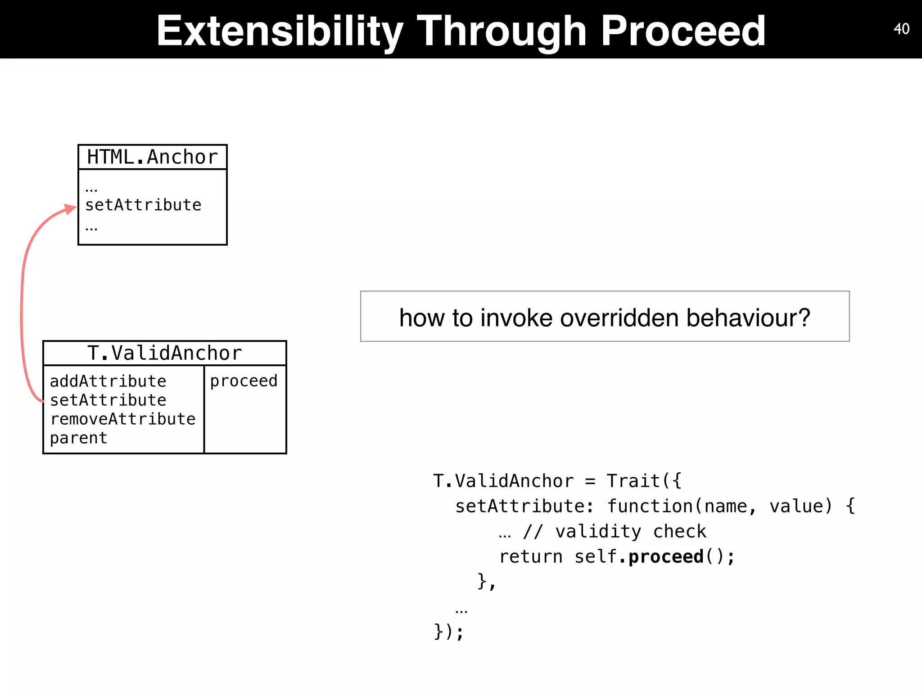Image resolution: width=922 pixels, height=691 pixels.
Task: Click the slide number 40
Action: pyautogui.click(x=901, y=29)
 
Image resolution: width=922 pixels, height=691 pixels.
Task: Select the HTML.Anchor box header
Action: pyautogui.click(x=152, y=157)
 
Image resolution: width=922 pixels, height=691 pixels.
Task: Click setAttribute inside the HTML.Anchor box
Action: pyautogui.click(x=143, y=205)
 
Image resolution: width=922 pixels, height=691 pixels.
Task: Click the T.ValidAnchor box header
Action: pyautogui.click(x=164, y=353)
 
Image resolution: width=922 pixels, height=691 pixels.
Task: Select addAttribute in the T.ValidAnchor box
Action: pyautogui.click(x=108, y=381)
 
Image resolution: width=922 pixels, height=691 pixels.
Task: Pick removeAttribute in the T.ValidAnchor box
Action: pyautogui.click(x=122, y=419)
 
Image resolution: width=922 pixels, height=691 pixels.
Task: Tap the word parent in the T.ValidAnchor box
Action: pyautogui.click(x=78, y=438)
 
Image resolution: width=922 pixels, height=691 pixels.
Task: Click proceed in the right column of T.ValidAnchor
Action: pyautogui.click(x=244, y=381)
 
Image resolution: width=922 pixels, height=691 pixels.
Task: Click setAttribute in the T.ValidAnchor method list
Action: pyautogui.click(x=108, y=400)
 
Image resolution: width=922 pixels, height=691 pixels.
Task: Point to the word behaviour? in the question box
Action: pyautogui.click(x=748, y=318)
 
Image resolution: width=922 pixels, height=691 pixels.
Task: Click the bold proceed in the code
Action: pyautogui.click(x=666, y=557)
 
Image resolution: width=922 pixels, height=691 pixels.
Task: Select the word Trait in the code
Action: pyautogui.click(x=633, y=481)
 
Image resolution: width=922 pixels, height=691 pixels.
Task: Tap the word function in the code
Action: pyautogui.click(x=650, y=506)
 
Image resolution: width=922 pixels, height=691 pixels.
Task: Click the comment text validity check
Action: pyautogui.click(x=630, y=532)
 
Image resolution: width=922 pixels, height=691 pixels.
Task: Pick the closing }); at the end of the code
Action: pyautogui.click(x=448, y=632)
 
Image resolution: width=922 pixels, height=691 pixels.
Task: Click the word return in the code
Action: pyautogui.click(x=530, y=557)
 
